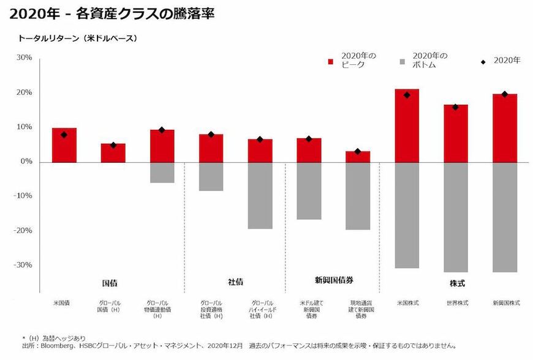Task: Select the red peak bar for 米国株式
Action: click(x=407, y=126)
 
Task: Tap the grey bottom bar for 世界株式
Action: click(x=456, y=217)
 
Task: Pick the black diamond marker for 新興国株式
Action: click(x=505, y=94)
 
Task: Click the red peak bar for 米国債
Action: click(x=64, y=145)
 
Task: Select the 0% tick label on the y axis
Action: click(x=26, y=162)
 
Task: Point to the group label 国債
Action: click(x=110, y=283)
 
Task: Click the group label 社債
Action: click(x=235, y=282)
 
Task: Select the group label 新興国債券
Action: click(x=334, y=280)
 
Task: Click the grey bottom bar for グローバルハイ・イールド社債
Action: click(x=260, y=195)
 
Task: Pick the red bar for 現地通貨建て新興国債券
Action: click(x=358, y=156)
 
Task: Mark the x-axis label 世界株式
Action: click(x=456, y=303)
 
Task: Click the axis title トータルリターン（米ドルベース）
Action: click(x=77, y=38)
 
